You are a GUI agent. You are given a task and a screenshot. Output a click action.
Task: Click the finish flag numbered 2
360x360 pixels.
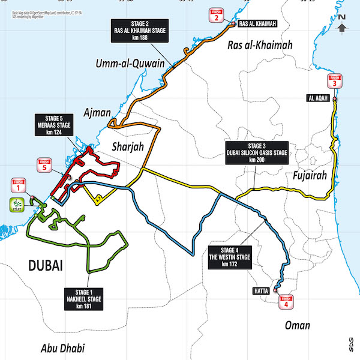(x=215, y=16)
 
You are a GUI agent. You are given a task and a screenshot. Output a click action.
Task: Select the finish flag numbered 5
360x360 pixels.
(x=44, y=165)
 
